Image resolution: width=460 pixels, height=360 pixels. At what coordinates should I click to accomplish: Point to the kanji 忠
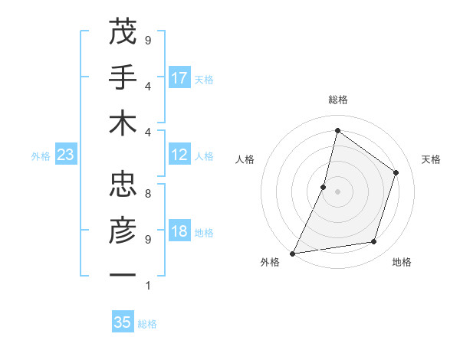click(x=122, y=185)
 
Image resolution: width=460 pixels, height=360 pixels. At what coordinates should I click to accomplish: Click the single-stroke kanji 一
click(x=122, y=274)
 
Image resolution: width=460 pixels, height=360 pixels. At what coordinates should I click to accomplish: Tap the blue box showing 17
click(x=180, y=78)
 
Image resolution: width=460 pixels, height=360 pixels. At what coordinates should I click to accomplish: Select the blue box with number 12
click(x=180, y=155)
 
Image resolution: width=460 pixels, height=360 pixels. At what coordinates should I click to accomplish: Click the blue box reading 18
click(x=180, y=232)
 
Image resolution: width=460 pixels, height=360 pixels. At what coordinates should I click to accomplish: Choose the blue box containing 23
click(x=66, y=155)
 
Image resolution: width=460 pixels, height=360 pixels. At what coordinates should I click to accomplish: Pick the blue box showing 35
click(x=123, y=322)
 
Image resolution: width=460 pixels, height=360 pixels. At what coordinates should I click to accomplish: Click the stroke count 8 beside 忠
click(x=148, y=194)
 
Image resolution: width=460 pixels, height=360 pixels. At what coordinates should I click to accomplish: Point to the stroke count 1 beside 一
click(x=148, y=286)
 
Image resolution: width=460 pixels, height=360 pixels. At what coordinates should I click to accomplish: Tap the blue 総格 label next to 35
click(x=147, y=324)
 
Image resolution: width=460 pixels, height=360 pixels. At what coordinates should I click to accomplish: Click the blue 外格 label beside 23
click(x=41, y=156)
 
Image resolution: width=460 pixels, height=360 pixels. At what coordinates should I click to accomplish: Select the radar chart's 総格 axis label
click(x=337, y=100)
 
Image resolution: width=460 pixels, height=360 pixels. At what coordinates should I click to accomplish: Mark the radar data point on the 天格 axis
click(x=396, y=172)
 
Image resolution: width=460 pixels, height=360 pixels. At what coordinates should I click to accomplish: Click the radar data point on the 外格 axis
click(x=293, y=253)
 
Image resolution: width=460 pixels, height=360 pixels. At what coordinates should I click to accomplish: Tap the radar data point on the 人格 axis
click(x=324, y=187)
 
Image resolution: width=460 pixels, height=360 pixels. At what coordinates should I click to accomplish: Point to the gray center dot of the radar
click(x=337, y=191)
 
